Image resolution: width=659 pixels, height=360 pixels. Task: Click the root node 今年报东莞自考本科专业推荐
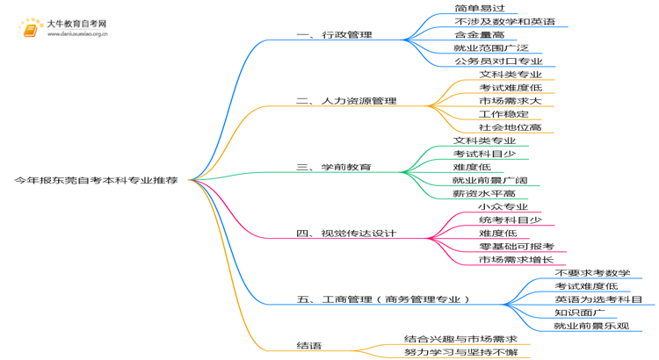tap(97, 181)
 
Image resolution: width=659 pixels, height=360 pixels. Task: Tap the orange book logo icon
tap(30, 29)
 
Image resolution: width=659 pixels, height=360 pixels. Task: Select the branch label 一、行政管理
tap(335, 35)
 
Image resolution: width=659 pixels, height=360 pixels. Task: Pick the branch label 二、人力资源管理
tap(346, 101)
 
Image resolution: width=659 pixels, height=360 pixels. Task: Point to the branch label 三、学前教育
tap(334, 167)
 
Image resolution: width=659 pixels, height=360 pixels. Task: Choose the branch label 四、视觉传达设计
tap(346, 234)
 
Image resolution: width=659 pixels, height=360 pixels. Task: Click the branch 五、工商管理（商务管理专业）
tap(383, 299)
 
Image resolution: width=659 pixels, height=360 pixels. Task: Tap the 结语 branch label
tap(309, 346)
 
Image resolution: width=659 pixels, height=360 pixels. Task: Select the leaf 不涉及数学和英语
tap(504, 21)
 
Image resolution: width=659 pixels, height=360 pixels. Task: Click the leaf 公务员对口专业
tap(498, 61)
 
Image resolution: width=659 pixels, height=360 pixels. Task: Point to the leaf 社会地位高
tap(511, 127)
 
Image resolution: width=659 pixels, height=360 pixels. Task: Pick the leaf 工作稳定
tap(504, 114)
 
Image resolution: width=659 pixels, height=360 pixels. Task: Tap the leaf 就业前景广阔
tap(490, 180)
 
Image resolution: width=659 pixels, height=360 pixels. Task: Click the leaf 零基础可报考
tap(517, 247)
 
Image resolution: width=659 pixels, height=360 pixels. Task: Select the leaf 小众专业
tap(503, 206)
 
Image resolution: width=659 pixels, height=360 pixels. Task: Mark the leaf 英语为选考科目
tap(598, 299)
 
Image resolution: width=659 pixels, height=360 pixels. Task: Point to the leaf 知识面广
tap(580, 313)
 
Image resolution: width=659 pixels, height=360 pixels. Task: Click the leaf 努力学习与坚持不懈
tap(461, 352)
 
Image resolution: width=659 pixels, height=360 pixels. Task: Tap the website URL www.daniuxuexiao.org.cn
tap(77, 34)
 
